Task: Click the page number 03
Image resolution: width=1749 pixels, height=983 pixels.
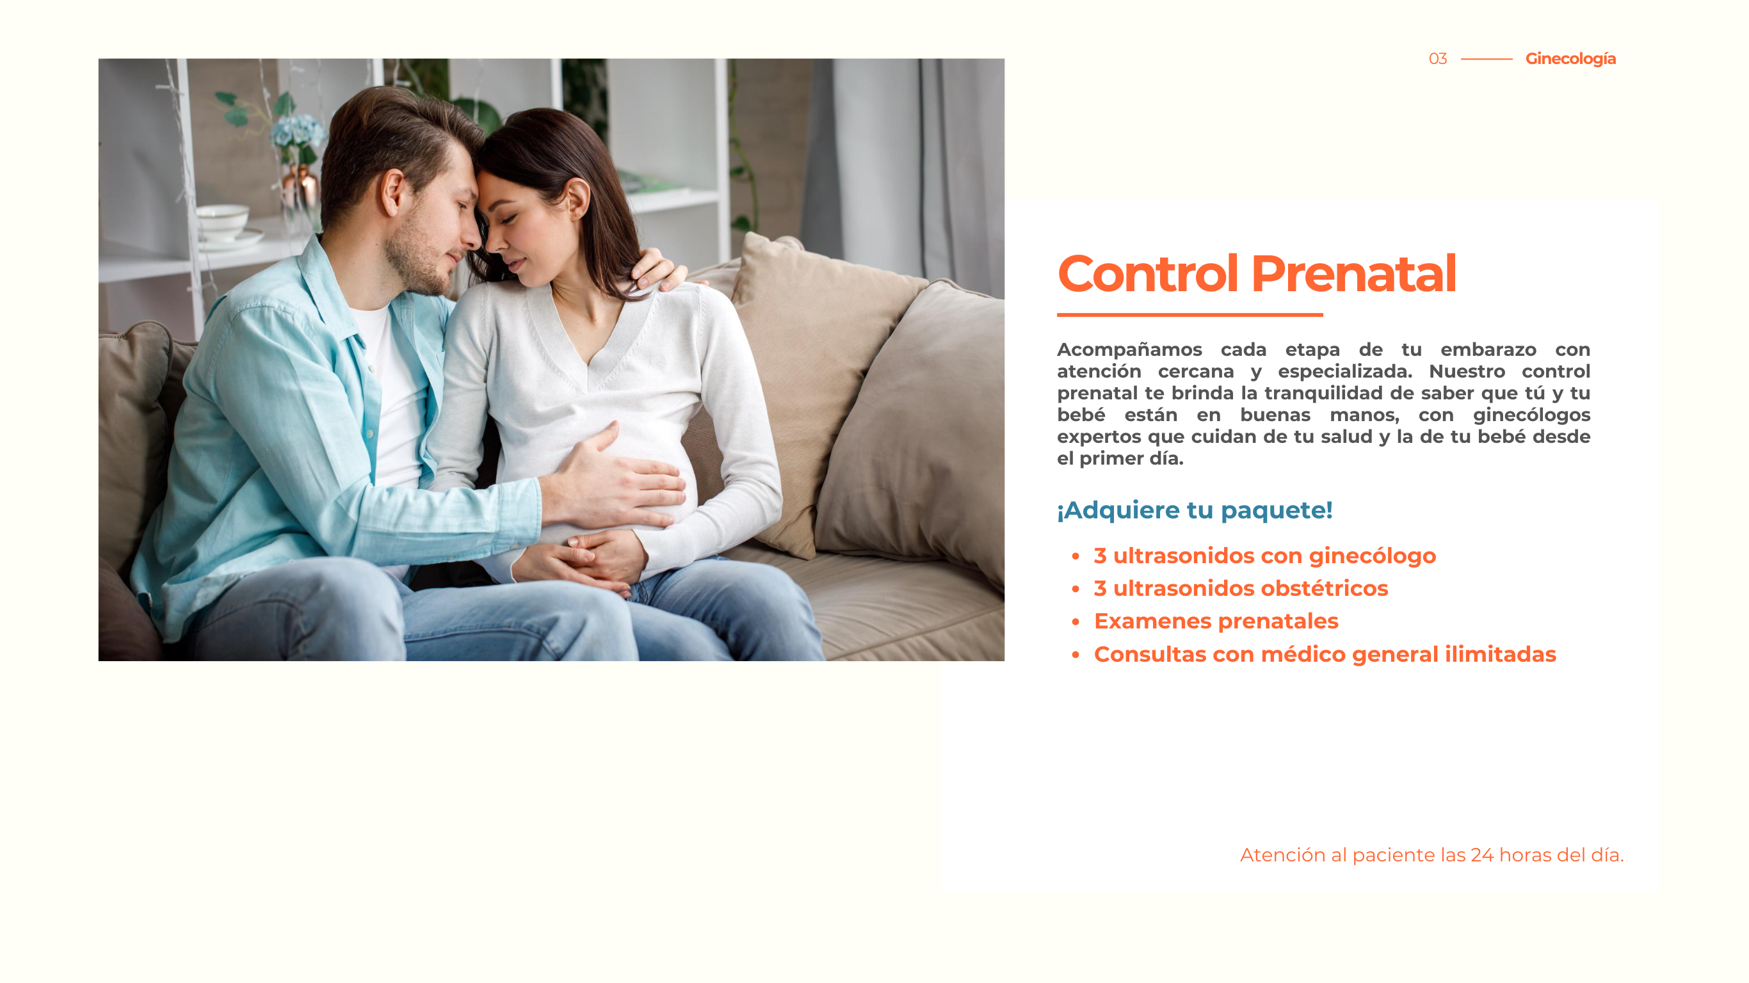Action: tap(1437, 59)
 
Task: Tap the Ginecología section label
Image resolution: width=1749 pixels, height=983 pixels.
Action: tap(1570, 59)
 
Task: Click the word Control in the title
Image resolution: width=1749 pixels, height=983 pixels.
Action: tap(1147, 273)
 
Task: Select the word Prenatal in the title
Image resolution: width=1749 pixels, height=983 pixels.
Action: tap(1353, 273)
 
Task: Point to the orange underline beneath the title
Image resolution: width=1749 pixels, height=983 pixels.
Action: tap(1189, 315)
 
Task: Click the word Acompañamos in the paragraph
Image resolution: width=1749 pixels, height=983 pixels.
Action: tap(1129, 350)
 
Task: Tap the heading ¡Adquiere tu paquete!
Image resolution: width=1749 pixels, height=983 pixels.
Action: tap(1195, 510)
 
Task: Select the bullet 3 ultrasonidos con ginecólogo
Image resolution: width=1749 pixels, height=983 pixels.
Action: tap(1264, 556)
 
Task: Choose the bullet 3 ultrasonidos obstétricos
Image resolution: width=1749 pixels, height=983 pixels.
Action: tap(1241, 589)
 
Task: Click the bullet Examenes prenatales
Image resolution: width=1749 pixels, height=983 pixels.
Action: tap(1215, 621)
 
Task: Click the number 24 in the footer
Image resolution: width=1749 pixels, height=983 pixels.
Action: tap(1481, 855)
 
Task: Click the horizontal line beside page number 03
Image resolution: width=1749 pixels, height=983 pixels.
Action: tap(1487, 59)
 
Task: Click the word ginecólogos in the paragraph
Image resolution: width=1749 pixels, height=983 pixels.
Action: tap(1531, 415)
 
